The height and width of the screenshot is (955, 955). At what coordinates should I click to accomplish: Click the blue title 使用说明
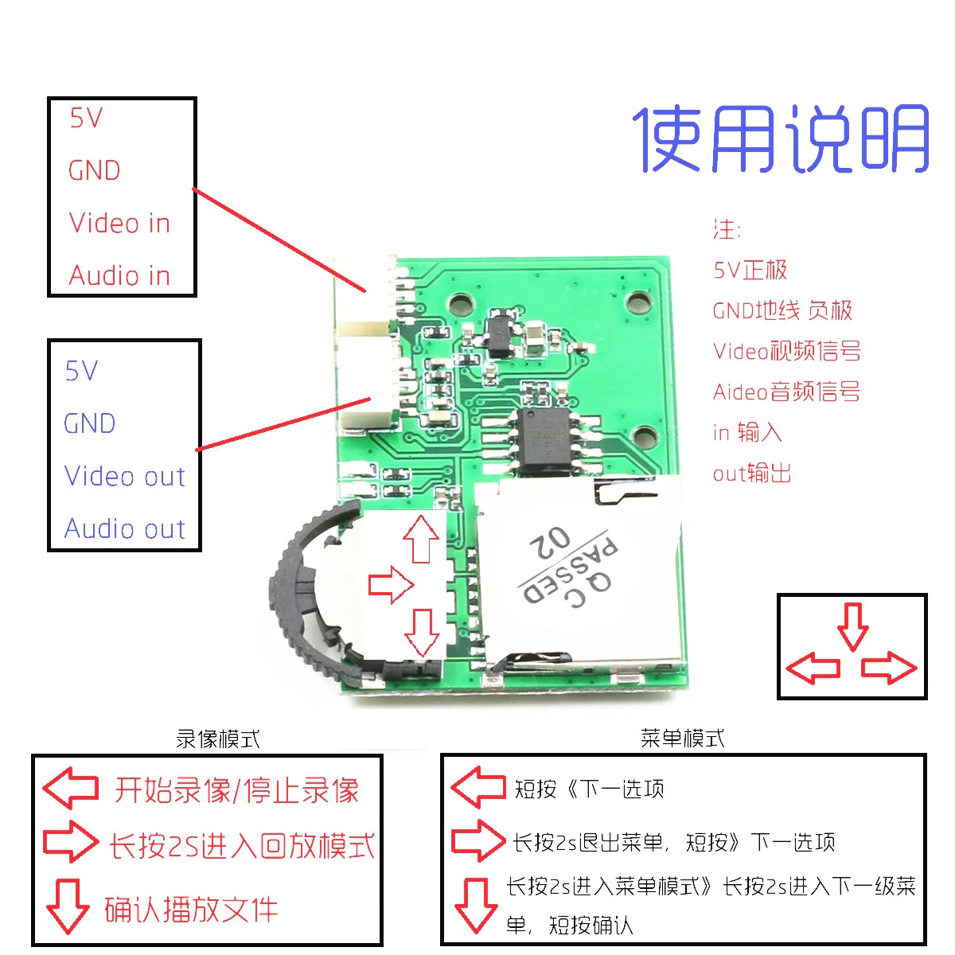[781, 139]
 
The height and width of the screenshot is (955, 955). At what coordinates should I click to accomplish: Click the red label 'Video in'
[119, 223]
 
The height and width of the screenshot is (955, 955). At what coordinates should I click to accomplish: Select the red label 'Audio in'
[119, 275]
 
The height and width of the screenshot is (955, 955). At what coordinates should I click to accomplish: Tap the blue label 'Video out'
[125, 476]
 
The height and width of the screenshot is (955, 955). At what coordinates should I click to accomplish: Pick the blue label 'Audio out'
[125, 528]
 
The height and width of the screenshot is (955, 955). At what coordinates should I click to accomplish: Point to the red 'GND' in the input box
[94, 170]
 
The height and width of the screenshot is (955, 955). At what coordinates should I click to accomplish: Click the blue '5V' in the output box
[81, 371]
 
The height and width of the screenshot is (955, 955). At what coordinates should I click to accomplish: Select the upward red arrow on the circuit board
[421, 539]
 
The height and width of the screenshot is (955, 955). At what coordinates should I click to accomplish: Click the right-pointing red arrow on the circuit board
[392, 586]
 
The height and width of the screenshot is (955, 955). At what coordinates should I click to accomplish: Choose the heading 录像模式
[217, 739]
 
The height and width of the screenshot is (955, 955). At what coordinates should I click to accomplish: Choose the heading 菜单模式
[682, 738]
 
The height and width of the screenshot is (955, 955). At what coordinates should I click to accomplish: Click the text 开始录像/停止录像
[236, 790]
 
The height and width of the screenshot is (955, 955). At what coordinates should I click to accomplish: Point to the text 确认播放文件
[191, 910]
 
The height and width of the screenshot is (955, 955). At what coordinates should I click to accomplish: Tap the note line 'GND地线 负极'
[782, 310]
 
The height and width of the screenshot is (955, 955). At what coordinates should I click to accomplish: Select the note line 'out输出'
[752, 474]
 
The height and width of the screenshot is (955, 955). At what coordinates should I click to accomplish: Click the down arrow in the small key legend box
[853, 626]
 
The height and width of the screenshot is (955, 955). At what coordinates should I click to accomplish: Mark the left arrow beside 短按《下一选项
[478, 787]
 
